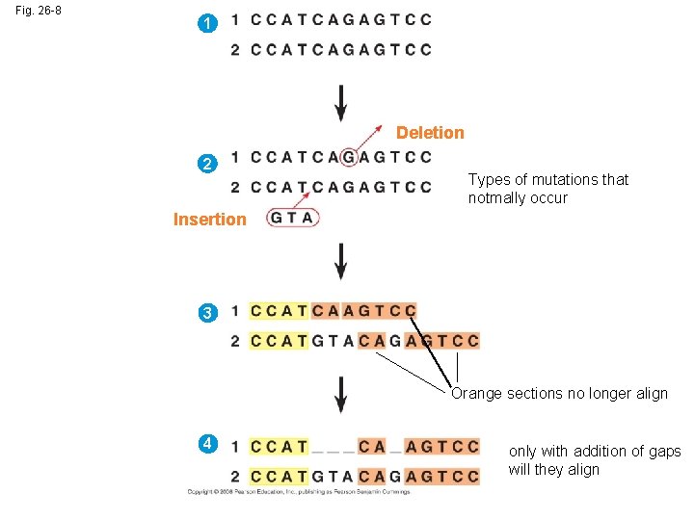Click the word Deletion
[x=430, y=133]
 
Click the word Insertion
[x=209, y=220]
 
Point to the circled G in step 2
[x=349, y=157]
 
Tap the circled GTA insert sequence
[x=292, y=218]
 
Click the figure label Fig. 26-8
[x=39, y=12]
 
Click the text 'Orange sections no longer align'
[x=559, y=393]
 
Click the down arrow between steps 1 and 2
[x=340, y=102]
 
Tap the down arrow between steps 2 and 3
[x=340, y=260]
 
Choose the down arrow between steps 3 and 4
[x=340, y=395]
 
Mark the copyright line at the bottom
[x=299, y=491]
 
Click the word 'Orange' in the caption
[x=477, y=393]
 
